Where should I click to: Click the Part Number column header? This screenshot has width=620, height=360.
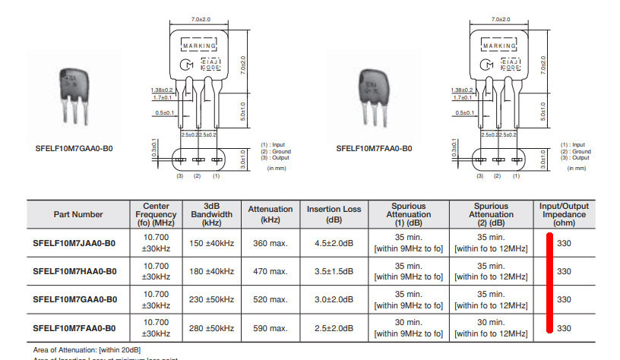(78, 214)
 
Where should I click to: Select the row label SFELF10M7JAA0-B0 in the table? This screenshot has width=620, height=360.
(75, 243)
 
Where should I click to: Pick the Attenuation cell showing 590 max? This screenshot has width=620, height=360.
(270, 328)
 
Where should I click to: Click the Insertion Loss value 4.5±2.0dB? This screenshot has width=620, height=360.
(334, 243)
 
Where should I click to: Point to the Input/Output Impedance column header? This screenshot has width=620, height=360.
(564, 214)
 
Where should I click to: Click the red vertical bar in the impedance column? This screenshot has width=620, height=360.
(549, 285)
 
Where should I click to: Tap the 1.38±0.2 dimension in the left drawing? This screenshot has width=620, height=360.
(162, 90)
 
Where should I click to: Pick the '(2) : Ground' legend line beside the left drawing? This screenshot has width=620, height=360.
(276, 151)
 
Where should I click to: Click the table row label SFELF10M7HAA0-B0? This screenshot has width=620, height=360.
(75, 271)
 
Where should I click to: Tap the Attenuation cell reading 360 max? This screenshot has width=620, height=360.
(270, 243)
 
